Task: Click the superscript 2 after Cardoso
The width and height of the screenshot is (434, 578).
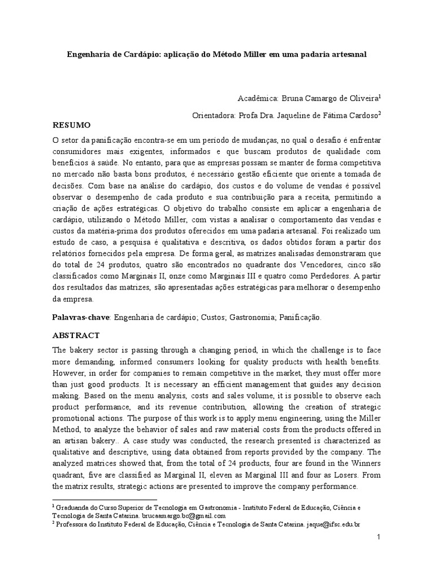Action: [380, 112]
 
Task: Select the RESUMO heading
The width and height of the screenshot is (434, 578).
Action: [72, 124]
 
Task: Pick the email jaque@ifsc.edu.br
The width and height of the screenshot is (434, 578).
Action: [333, 524]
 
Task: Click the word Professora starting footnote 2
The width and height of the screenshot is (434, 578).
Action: [73, 524]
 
